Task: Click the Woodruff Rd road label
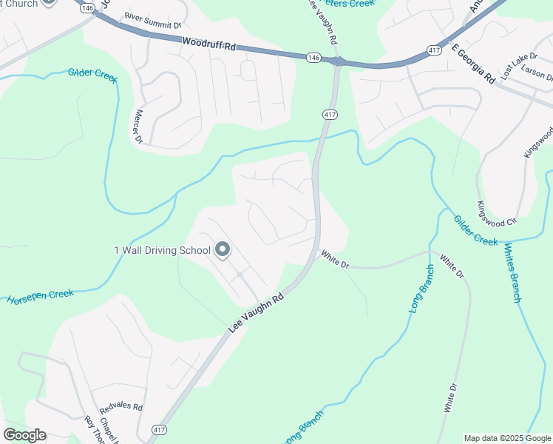(209, 46)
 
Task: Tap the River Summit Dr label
(153, 20)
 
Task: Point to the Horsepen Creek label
(41, 297)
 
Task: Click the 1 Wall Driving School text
(162, 250)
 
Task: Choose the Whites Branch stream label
(512, 272)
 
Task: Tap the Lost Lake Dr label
(516, 65)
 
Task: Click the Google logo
(24, 435)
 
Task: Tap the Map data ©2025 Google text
(507, 438)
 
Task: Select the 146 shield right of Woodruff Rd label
(313, 57)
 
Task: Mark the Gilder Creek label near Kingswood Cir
(475, 230)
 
